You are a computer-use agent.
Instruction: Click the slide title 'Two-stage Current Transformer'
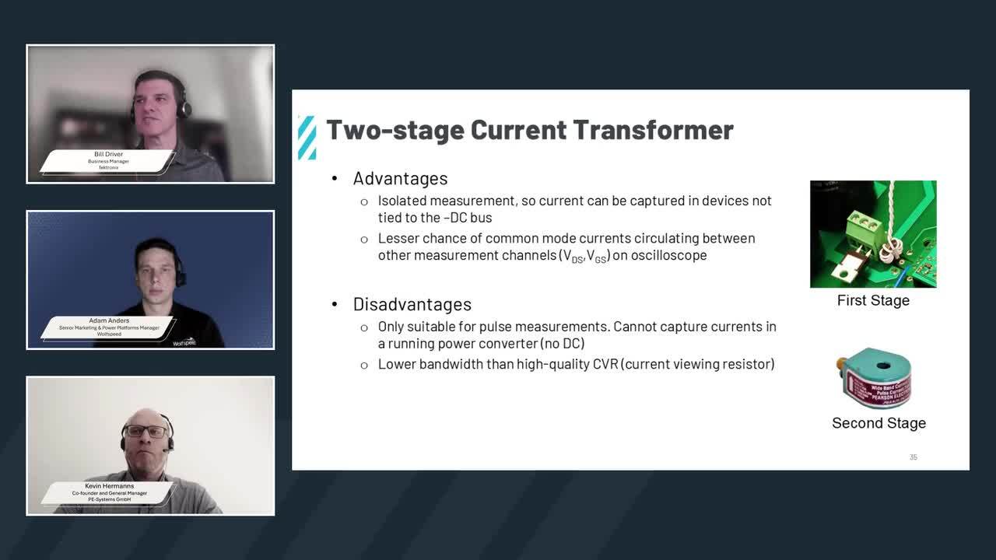coord(529,130)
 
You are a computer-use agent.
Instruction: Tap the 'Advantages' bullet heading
coord(400,178)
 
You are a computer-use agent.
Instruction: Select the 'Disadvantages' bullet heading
coord(412,304)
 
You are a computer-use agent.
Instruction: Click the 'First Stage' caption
coord(873,300)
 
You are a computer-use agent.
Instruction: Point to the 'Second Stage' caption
coord(879,423)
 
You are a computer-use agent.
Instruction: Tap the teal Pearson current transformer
coord(875,380)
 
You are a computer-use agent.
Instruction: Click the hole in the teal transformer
coord(882,365)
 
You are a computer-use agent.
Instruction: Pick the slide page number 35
coord(914,457)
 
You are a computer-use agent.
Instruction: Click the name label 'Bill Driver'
coord(109,154)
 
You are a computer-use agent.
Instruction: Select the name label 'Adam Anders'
coord(109,320)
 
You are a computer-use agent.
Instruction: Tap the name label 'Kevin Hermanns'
coord(109,486)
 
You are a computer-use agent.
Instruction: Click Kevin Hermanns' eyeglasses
coord(146,432)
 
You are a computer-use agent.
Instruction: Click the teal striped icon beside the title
coord(307,138)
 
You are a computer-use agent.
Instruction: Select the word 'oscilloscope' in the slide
coord(669,255)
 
